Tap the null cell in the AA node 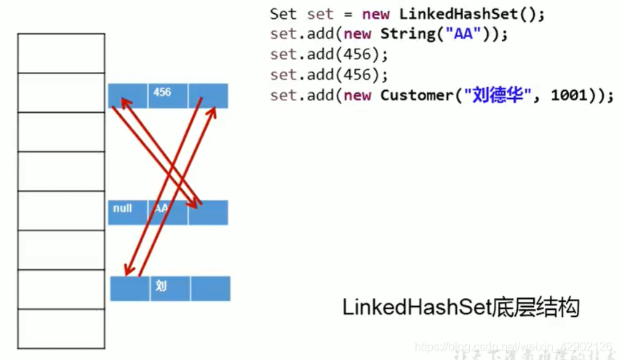tap(127, 211)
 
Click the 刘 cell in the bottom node tap(169, 288)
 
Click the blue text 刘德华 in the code tap(498, 95)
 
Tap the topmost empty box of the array tap(61, 53)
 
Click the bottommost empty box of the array tap(61, 328)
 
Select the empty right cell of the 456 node tap(208, 95)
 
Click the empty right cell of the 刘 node tap(210, 288)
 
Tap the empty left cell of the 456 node tap(127, 95)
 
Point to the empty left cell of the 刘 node tap(129, 288)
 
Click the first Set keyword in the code tap(283, 14)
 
